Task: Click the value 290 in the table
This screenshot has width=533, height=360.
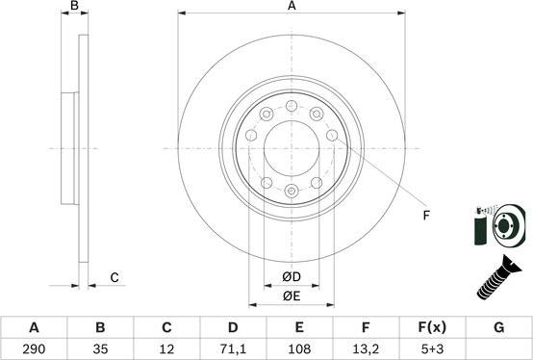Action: click(34, 348)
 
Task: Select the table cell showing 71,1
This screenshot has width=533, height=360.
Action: click(233, 348)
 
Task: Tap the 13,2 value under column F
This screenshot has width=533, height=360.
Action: click(366, 348)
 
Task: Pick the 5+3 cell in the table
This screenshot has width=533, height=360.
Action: click(432, 348)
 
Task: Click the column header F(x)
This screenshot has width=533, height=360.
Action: click(432, 327)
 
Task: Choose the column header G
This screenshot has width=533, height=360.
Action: click(498, 327)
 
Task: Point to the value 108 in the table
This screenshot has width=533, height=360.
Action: click(299, 348)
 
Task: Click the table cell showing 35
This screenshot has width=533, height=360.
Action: click(100, 348)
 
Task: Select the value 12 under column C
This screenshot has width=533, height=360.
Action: click(166, 348)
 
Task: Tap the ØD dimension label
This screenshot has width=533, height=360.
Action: click(292, 277)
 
